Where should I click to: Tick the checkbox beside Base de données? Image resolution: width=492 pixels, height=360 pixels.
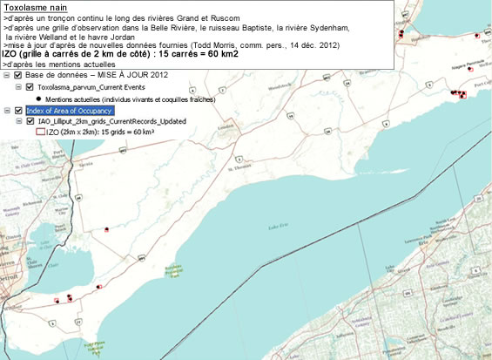[18, 76]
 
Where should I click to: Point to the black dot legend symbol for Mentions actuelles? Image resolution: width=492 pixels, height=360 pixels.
[41, 98]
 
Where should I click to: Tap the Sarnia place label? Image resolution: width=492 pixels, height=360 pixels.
[84, 163]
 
